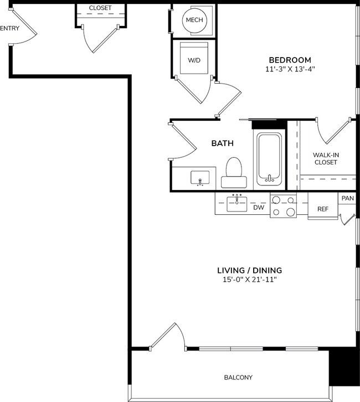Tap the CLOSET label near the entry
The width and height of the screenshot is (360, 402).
tap(100, 8)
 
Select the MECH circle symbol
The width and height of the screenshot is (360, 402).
tap(194, 20)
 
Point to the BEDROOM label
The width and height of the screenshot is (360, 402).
tap(290, 60)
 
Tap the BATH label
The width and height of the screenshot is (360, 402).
tap(222, 143)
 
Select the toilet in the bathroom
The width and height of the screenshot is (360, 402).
tap(233, 172)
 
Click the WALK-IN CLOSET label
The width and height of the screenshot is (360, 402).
tap(325, 158)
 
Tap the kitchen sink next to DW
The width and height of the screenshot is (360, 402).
tap(238, 204)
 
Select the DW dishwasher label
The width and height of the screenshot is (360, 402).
tap(258, 208)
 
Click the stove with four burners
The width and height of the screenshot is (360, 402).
tap(283, 206)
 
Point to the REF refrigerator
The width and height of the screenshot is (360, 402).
tap(322, 209)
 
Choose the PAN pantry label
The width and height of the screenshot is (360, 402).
tap(347, 198)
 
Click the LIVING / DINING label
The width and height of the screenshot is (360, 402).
tap(249, 270)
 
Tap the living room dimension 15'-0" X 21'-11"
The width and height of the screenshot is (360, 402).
tap(249, 280)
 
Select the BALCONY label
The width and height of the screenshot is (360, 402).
tap(238, 378)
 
